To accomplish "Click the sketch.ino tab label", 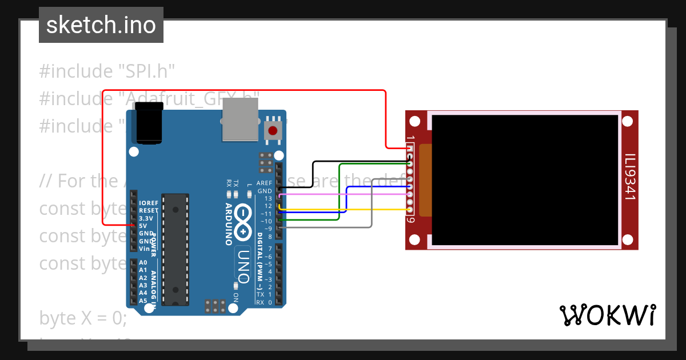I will click(x=101, y=25).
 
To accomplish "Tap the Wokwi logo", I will click(x=607, y=315).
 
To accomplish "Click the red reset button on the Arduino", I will click(x=273, y=130).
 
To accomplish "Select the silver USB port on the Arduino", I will click(x=240, y=119).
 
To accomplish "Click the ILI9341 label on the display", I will click(x=629, y=177).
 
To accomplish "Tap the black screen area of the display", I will click(x=525, y=179).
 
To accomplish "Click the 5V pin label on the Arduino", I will click(x=143, y=226).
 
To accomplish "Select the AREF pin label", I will click(x=264, y=183).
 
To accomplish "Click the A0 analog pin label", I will click(x=143, y=263).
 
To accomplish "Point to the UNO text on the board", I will click(x=244, y=266).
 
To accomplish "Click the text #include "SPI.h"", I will click(x=106, y=71).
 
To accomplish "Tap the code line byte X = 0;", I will click(x=83, y=318).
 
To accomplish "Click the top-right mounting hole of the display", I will click(x=627, y=121).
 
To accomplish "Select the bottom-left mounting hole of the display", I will click(x=416, y=239).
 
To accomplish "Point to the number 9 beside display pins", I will click(x=410, y=220).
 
